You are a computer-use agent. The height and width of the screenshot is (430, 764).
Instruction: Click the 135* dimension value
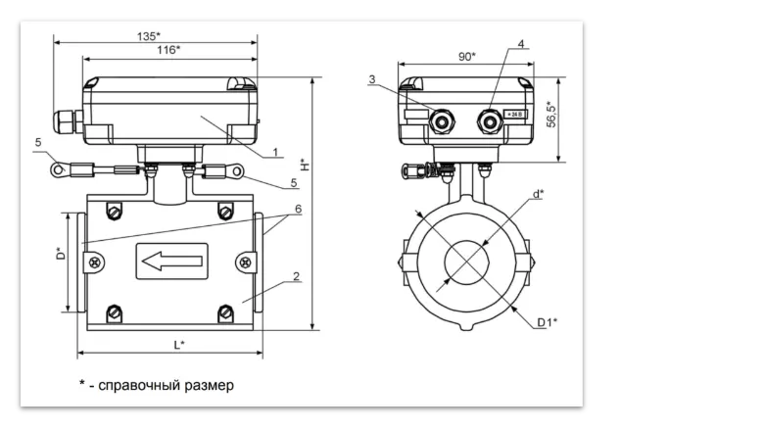click(x=149, y=36)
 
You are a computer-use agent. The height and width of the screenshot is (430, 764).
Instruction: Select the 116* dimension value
click(x=168, y=50)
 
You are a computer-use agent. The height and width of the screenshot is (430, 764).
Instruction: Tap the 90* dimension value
click(x=467, y=57)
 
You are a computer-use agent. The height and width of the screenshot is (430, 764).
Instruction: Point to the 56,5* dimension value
click(x=551, y=115)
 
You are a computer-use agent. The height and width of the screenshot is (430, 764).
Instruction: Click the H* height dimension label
click(x=305, y=165)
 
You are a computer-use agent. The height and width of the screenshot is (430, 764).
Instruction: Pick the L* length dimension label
click(x=179, y=345)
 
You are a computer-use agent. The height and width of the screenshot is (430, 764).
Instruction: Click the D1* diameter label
click(x=548, y=322)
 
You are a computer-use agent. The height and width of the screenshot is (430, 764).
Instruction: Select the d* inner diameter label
click(x=538, y=194)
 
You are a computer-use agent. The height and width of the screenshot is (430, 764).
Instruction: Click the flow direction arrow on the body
click(x=171, y=262)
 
